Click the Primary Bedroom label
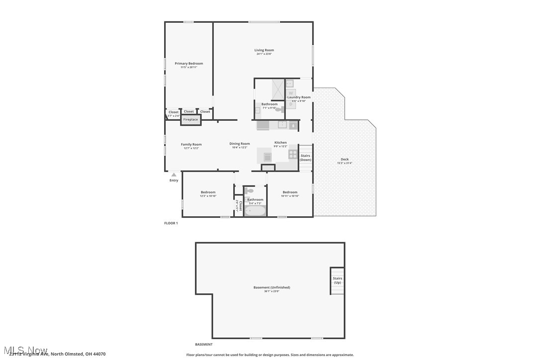click(x=188, y=64)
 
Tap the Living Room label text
click(x=264, y=50)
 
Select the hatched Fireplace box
click(x=190, y=119)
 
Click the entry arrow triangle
click(x=174, y=175)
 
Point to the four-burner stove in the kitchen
click(x=293, y=154)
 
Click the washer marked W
click(x=291, y=93)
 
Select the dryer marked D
click(x=291, y=104)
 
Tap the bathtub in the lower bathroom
click(x=255, y=211)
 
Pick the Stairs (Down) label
click(x=305, y=158)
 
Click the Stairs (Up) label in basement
click(x=337, y=280)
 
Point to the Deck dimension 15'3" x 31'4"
click(x=345, y=163)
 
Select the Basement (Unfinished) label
click(x=271, y=287)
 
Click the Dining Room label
click(x=239, y=144)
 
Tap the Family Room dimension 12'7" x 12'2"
click(x=191, y=148)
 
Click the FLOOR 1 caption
click(x=171, y=223)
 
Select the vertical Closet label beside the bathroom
click(x=240, y=205)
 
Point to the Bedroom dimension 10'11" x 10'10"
click(x=290, y=196)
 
